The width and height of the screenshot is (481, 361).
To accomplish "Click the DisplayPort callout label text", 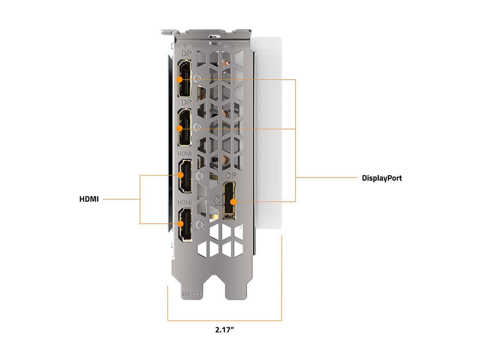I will [382, 178].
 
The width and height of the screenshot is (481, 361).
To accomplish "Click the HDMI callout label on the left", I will [89, 199].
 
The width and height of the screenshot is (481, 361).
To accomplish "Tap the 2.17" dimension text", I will [225, 330].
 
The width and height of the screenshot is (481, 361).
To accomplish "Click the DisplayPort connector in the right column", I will [229, 201].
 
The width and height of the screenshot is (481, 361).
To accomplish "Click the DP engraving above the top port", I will [187, 54].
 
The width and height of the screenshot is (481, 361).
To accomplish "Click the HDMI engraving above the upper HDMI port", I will [185, 153].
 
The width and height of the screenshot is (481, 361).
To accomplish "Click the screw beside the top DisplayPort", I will [200, 77].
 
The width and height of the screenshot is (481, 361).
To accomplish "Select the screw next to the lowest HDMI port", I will [201, 224].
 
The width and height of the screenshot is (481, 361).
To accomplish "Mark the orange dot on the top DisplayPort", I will [179, 79].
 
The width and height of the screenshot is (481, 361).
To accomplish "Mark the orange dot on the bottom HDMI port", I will [180, 224].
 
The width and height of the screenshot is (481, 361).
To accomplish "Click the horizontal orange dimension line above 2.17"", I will [225, 321].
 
